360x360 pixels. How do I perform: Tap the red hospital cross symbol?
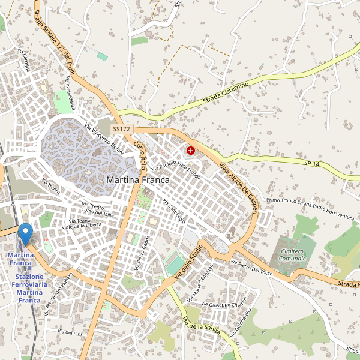pyautogui.click(x=191, y=151)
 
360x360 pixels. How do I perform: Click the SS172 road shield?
pyautogui.click(x=121, y=129)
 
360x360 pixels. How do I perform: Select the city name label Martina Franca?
pyautogui.click(x=137, y=179)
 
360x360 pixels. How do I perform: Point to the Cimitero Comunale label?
pyautogui.click(x=292, y=254)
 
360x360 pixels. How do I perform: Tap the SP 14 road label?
pyautogui.click(x=313, y=163)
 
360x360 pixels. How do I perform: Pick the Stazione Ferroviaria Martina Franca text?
pyautogui.click(x=29, y=288)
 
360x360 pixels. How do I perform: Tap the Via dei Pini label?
pyautogui.click(x=69, y=332)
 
